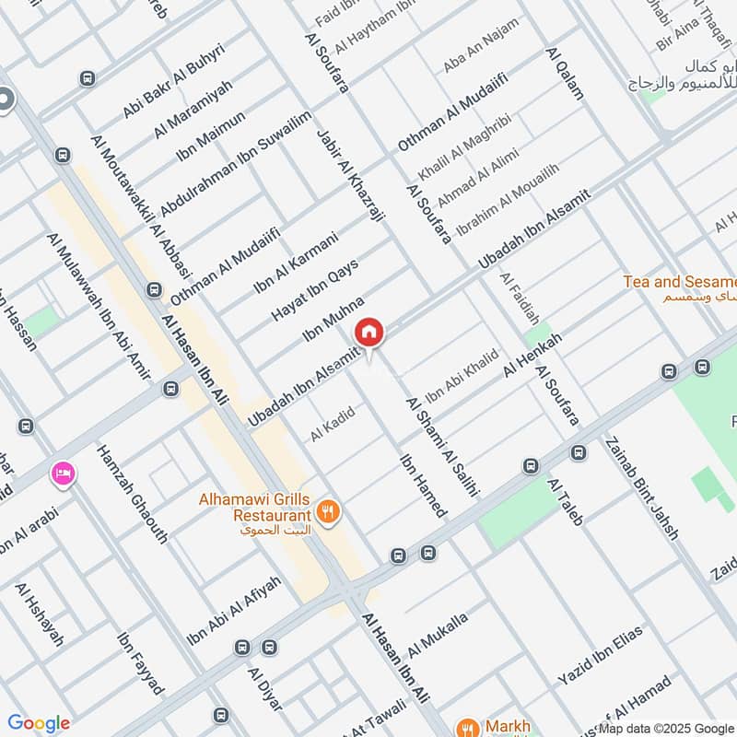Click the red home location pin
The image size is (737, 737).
tap(368, 333)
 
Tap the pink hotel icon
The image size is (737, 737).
tap(64, 474)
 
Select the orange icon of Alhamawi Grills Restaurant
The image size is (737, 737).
tap(325, 509)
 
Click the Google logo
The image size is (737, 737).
tap(39, 723)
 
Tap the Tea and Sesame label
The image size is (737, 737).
tap(680, 282)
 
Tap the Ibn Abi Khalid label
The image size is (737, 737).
tap(462, 376)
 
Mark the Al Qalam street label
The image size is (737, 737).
tap(565, 74)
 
